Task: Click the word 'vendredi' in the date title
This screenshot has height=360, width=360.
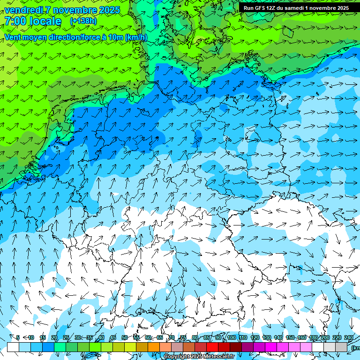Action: click(23, 10)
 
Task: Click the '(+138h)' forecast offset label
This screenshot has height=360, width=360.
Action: click(83, 21)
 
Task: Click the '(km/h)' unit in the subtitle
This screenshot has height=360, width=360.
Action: click(136, 37)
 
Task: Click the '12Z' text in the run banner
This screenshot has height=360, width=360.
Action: click(276, 8)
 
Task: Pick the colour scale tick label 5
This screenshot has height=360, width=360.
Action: click(18, 338)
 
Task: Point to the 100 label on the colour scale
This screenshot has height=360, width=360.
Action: click(231, 338)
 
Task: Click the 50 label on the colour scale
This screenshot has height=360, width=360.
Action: click(124, 338)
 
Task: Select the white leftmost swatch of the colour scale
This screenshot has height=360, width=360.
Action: click(13, 347)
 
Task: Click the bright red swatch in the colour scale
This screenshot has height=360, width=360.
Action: click(212, 347)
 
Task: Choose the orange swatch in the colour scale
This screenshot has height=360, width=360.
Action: click(154, 347)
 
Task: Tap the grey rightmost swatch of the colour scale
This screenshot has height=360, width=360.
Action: click(341, 347)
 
